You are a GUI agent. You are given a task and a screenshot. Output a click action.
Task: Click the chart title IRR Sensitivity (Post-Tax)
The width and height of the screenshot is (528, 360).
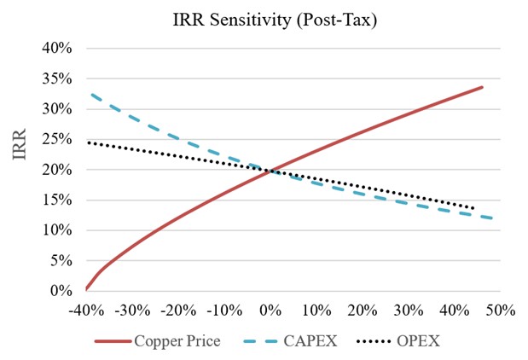(x=275, y=20)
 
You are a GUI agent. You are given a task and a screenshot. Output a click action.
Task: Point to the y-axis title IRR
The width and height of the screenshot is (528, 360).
(x=20, y=144)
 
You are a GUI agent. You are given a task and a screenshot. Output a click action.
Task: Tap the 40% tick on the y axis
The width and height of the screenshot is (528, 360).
(x=57, y=48)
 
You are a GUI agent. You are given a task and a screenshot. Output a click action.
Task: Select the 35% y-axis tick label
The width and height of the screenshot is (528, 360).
(x=57, y=78)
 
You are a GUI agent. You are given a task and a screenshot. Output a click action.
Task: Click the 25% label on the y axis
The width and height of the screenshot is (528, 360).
(x=57, y=139)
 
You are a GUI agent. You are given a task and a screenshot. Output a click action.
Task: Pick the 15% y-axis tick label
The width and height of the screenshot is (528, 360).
(x=57, y=200)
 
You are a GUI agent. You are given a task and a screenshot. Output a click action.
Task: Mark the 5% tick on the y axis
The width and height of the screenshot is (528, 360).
(x=61, y=261)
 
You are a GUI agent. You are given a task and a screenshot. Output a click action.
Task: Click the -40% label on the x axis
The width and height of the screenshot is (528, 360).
(x=86, y=310)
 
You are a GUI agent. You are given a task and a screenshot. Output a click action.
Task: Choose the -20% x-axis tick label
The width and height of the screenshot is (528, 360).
(x=178, y=310)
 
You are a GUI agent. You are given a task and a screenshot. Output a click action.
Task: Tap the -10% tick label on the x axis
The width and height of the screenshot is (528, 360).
(x=224, y=310)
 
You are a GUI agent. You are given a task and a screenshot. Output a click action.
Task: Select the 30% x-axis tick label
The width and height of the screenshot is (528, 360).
(x=409, y=310)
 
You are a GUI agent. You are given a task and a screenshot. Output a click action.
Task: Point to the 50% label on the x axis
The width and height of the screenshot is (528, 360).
(x=501, y=310)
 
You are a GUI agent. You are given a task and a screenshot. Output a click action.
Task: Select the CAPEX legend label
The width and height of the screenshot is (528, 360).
(x=310, y=341)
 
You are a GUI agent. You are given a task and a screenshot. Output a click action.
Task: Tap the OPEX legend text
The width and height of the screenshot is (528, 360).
(x=418, y=341)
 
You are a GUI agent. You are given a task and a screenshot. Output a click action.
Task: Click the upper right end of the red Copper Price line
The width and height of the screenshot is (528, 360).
(x=482, y=87)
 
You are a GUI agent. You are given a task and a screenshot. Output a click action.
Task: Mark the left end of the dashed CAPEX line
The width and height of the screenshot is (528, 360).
(x=91, y=95)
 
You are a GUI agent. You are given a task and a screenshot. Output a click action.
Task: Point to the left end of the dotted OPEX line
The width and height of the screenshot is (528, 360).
(x=89, y=142)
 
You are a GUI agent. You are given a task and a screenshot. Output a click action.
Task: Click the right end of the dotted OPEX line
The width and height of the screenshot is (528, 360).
(x=473, y=208)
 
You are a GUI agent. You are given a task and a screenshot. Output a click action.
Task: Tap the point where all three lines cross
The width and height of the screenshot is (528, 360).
(x=271, y=171)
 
